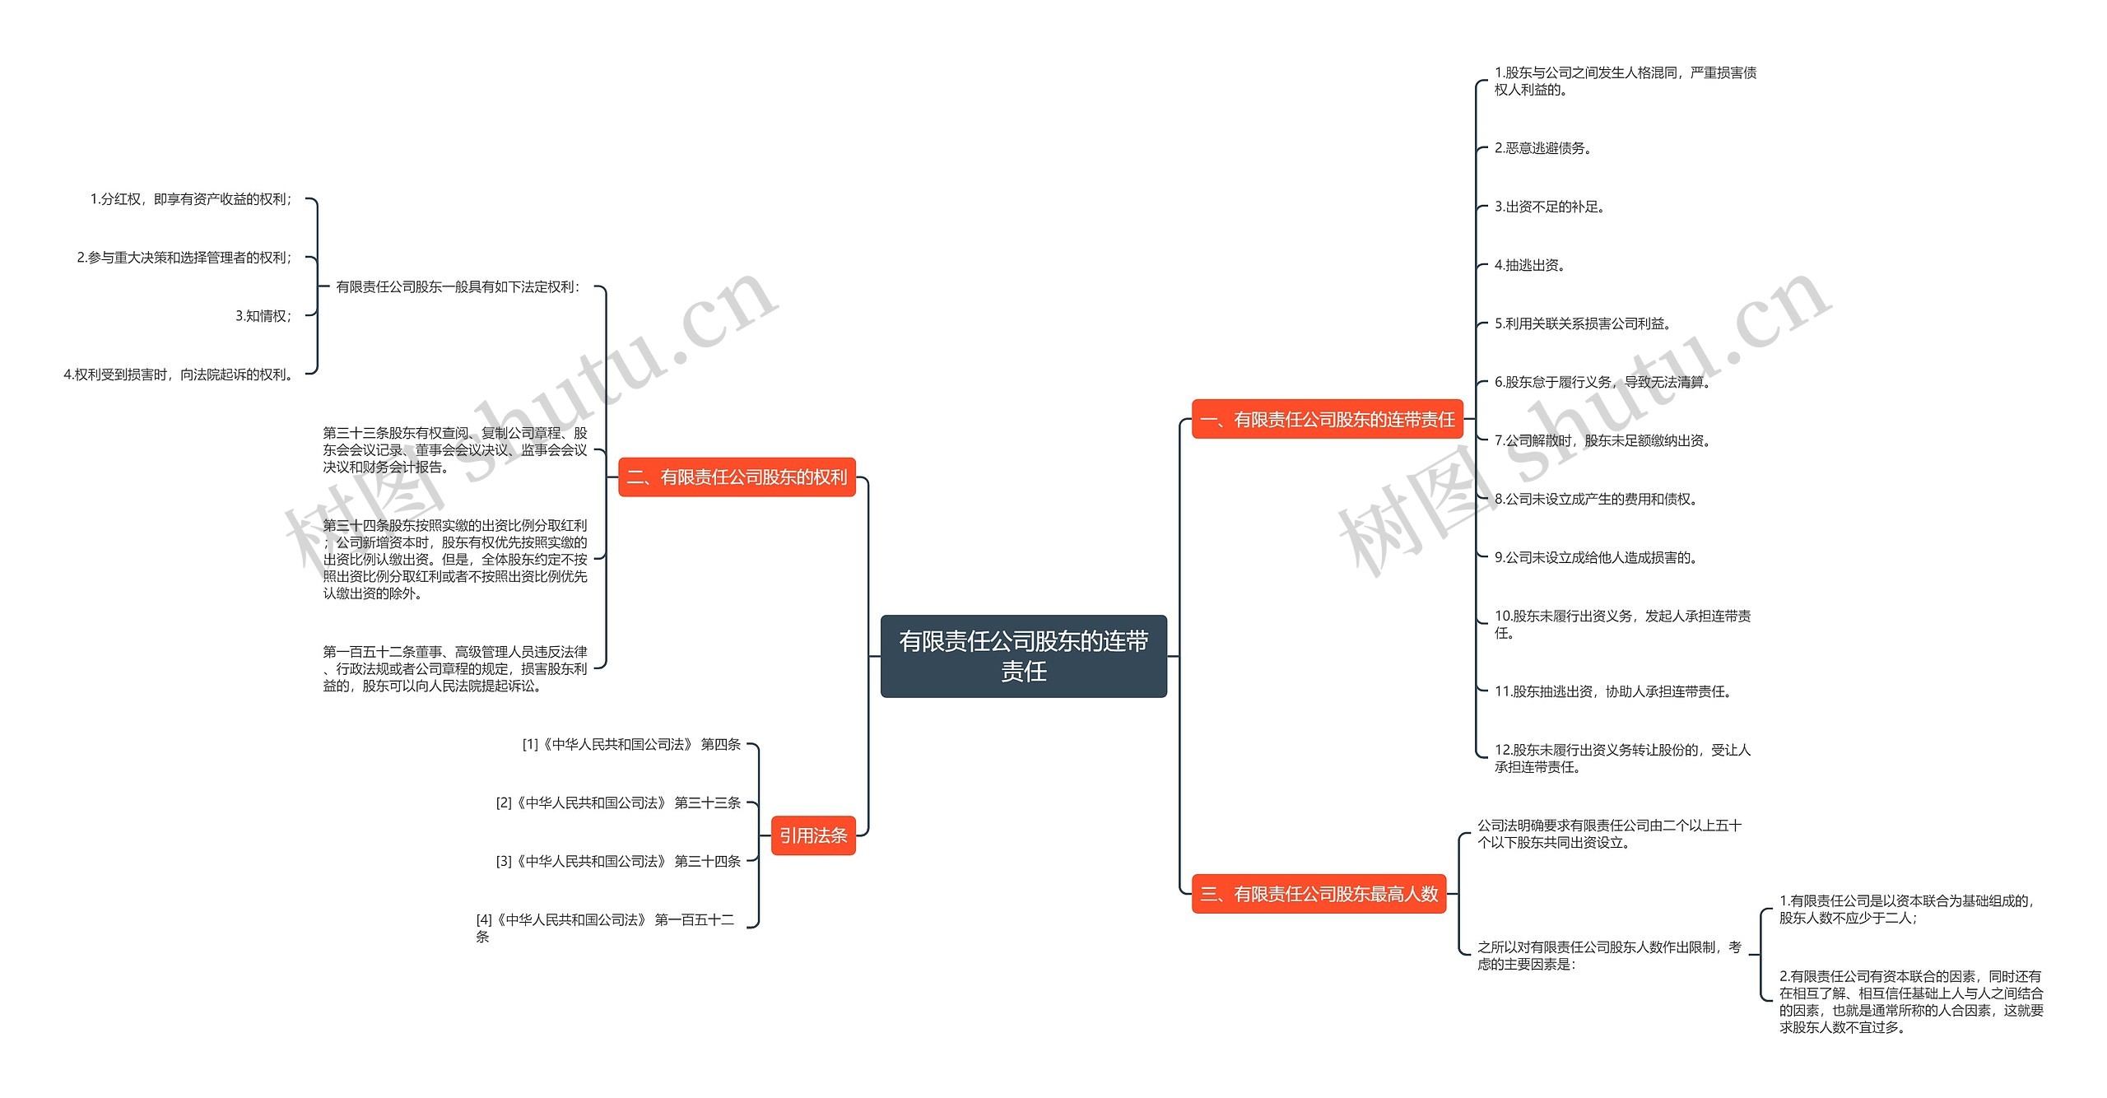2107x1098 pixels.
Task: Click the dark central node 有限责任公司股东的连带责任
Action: click(x=1023, y=656)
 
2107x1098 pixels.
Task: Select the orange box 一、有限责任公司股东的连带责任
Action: click(x=1327, y=420)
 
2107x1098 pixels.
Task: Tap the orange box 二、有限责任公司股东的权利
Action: click(x=737, y=477)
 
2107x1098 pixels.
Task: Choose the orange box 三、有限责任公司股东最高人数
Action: click(x=1319, y=894)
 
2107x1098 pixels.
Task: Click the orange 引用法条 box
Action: click(x=813, y=835)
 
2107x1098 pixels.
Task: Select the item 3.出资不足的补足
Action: click(x=1550, y=207)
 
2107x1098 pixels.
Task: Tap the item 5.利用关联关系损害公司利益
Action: click(x=1583, y=323)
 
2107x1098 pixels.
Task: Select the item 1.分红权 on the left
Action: click(x=191, y=199)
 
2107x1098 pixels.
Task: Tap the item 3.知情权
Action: click(x=263, y=316)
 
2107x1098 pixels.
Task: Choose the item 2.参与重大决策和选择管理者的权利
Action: click(x=184, y=258)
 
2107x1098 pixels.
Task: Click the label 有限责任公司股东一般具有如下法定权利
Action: click(x=458, y=287)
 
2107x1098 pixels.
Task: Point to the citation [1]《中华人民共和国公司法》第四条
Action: click(x=631, y=744)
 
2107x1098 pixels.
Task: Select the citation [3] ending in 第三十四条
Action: click(x=618, y=861)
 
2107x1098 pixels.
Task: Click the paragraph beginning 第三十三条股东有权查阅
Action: click(x=455, y=449)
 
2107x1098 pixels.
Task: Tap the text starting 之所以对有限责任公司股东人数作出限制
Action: click(x=1609, y=956)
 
